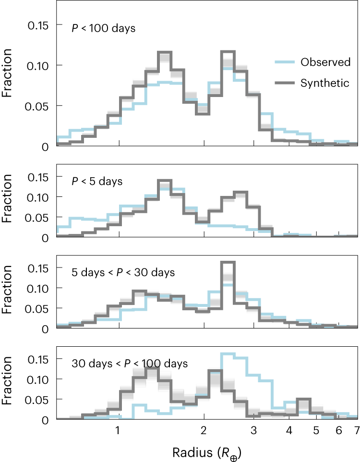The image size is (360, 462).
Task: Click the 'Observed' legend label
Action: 325,62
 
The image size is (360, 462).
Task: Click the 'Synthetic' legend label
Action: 325,83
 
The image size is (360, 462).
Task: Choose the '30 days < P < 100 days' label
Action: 130,364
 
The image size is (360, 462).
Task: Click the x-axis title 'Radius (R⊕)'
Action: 207,452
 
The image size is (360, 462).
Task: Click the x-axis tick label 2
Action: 204,431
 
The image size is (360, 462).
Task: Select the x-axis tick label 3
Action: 254,431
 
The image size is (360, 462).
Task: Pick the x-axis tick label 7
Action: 356,431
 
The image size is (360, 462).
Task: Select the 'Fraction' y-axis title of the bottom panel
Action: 8,383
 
